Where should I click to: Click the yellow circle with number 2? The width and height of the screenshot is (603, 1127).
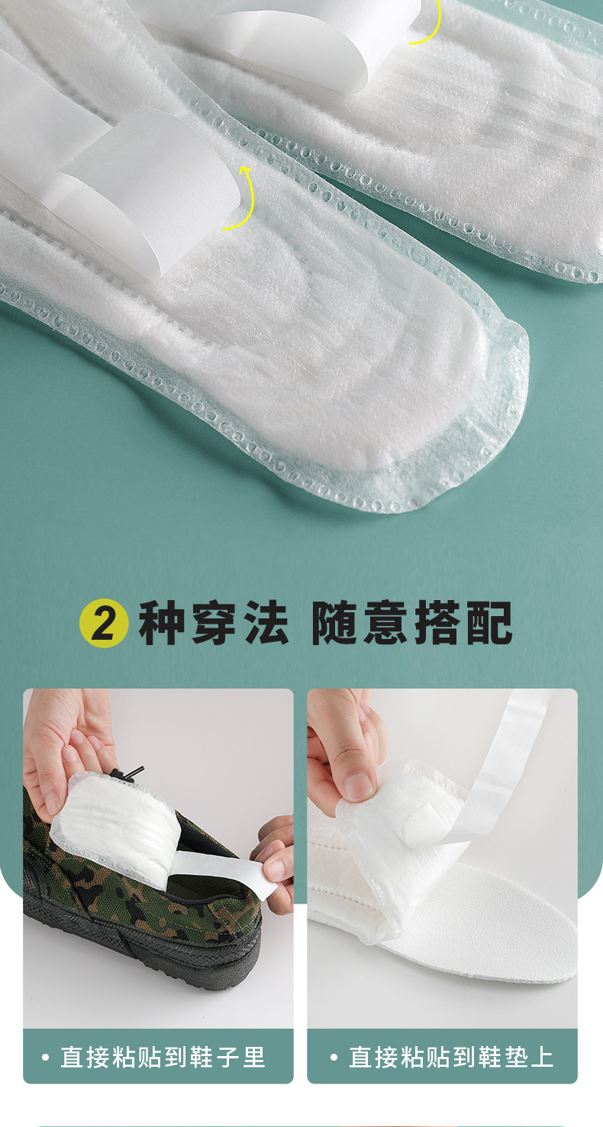click(x=104, y=623)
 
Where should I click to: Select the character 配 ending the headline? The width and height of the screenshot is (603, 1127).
click(x=489, y=623)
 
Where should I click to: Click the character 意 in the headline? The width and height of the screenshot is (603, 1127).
click(x=386, y=623)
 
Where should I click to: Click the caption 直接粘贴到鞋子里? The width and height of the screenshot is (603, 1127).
click(x=163, y=1057)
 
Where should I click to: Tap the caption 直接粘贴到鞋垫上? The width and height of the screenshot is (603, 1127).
click(x=451, y=1057)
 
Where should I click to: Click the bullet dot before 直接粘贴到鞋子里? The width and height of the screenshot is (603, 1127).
click(x=45, y=1058)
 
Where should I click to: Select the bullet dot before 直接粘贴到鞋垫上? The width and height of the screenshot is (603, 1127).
click(x=334, y=1058)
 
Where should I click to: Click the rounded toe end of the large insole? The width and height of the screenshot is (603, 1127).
click(x=484, y=403)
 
